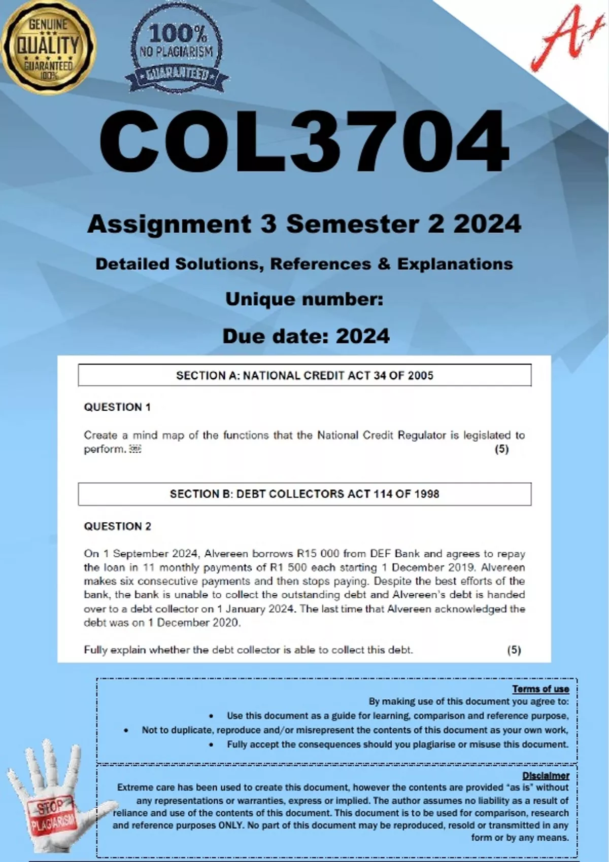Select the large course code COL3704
pos(304,142)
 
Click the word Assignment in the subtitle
pos(169,224)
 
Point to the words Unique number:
pos(304,299)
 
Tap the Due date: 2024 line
pos(306,336)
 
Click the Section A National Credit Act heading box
pos(304,376)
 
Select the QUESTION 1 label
pos(117,407)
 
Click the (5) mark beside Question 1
pos(501,449)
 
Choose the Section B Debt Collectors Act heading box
pos(304,494)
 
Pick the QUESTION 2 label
pos(117,526)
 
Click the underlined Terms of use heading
pos(540,689)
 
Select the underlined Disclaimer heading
pos(546,776)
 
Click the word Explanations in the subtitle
pos(455,264)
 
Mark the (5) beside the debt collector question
pos(514,650)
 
